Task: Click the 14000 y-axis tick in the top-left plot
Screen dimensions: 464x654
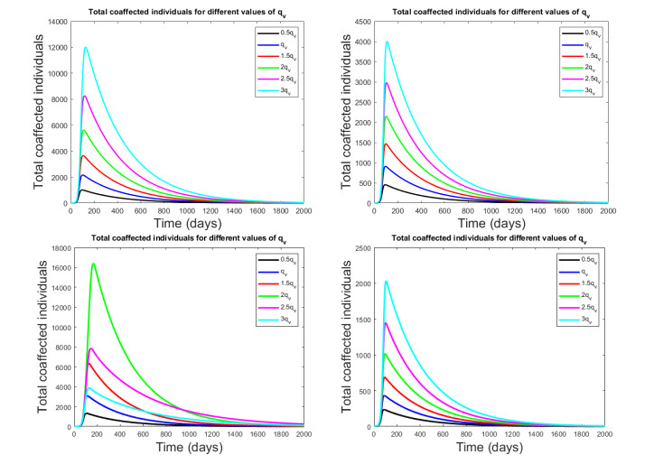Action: click(56, 21)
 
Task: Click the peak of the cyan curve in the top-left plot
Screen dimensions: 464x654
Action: click(86, 48)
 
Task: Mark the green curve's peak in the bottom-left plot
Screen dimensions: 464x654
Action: click(93, 264)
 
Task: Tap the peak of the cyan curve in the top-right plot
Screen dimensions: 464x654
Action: click(387, 42)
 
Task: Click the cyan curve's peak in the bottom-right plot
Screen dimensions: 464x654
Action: click(387, 281)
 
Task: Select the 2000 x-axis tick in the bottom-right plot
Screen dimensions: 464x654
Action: click(608, 434)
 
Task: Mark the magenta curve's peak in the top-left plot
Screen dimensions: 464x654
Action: click(85, 96)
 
